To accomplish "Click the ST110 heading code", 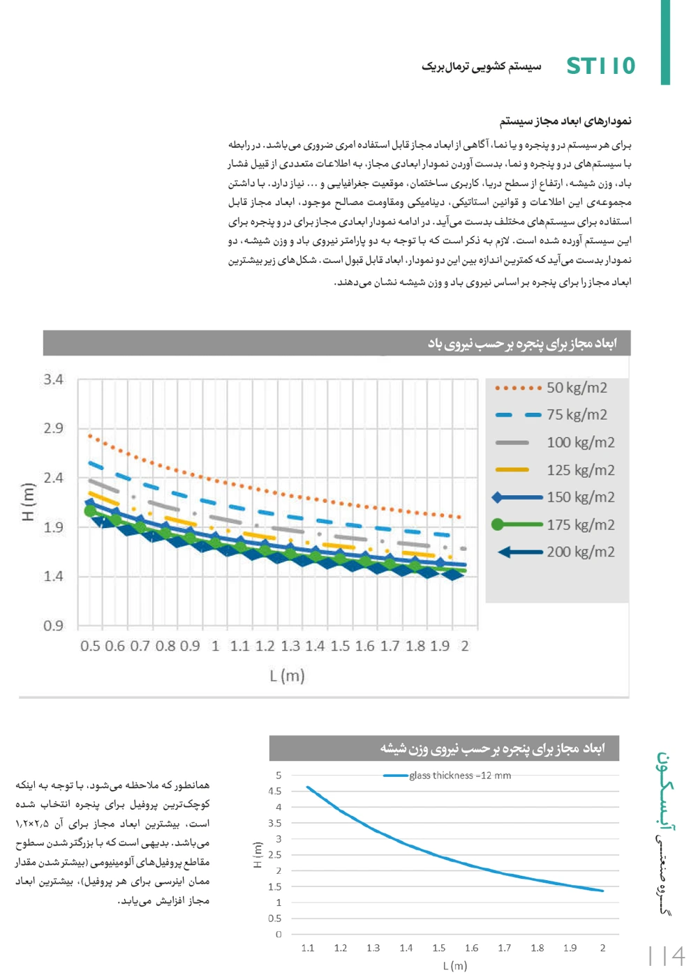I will point(600,66).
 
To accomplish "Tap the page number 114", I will point(667,955).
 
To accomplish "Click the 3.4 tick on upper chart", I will point(53,379).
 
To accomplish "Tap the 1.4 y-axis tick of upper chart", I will point(53,576).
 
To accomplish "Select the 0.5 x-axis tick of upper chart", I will point(90,646).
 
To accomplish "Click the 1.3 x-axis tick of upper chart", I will point(290,646).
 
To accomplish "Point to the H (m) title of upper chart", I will point(28,502).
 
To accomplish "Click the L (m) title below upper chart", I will point(287,675).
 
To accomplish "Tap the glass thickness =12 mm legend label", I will point(460,776).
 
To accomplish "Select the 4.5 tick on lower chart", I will point(275,791).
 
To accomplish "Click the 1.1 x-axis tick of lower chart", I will point(308,948).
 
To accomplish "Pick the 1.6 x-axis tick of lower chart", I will point(472,948).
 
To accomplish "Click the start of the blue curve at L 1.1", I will point(308,787).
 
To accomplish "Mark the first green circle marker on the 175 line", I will point(90,511).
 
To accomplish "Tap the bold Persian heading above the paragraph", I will point(565,121).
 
